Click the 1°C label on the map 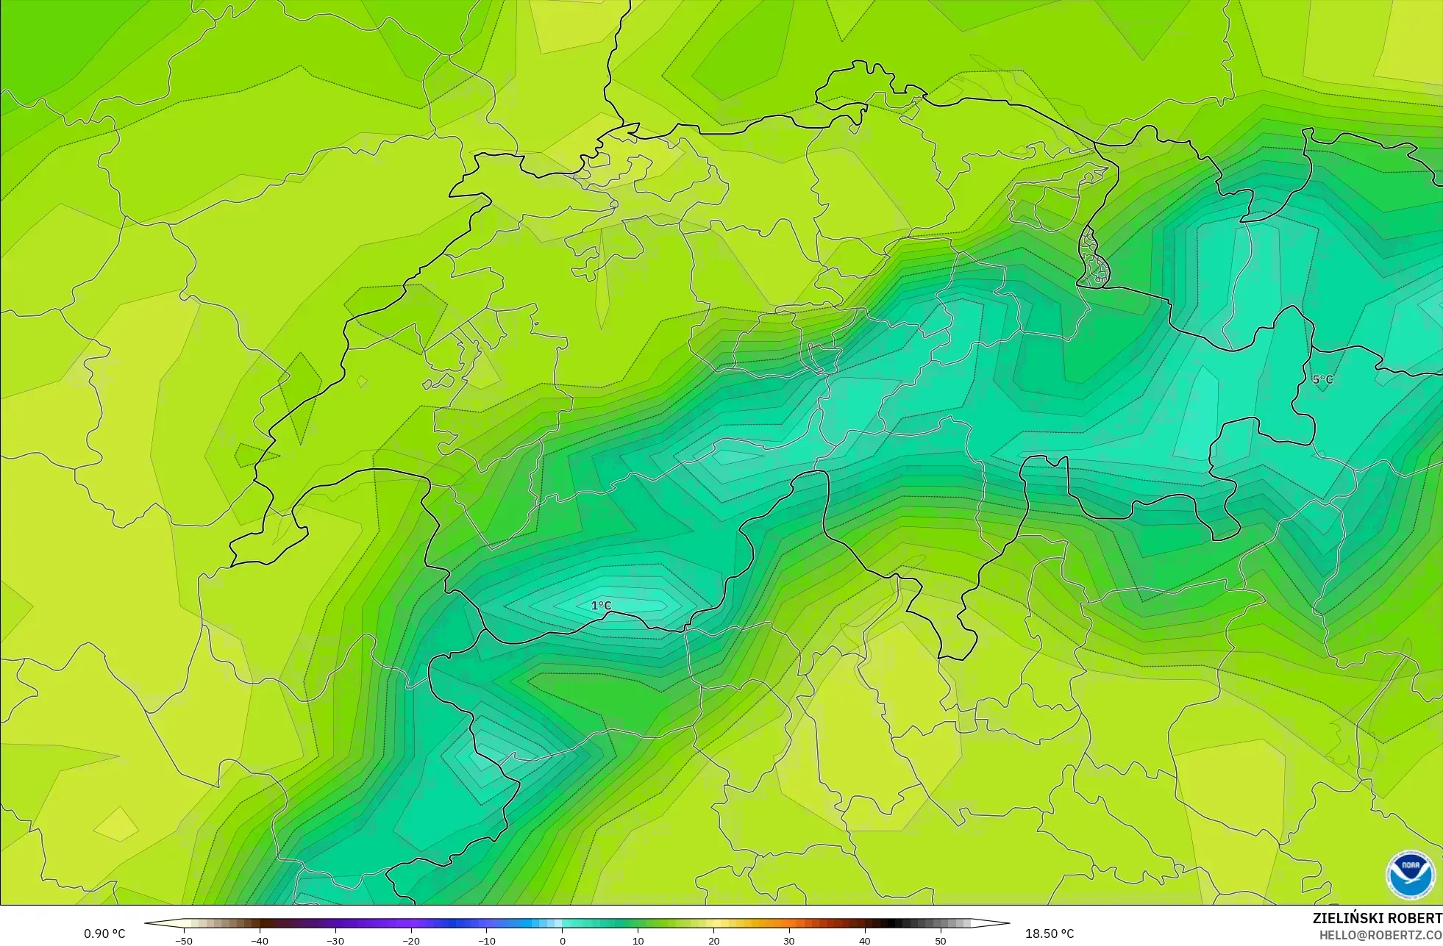click(x=601, y=606)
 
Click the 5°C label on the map click(x=1322, y=379)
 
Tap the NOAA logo click(x=1410, y=875)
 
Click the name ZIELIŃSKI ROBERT click(x=1377, y=918)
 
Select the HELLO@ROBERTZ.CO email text click(x=1380, y=935)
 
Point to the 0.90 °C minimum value click(x=104, y=934)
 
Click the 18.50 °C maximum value click(x=1050, y=934)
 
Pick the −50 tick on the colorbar click(x=184, y=941)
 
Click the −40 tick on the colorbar click(x=260, y=941)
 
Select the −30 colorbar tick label click(x=335, y=941)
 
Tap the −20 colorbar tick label click(x=411, y=941)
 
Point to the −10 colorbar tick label click(x=487, y=941)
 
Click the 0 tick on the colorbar click(x=563, y=941)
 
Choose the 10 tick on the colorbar click(x=638, y=941)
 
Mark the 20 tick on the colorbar click(x=713, y=941)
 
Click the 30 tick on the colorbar click(x=789, y=941)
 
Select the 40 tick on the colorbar click(x=865, y=941)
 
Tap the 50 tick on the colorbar click(x=941, y=941)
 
